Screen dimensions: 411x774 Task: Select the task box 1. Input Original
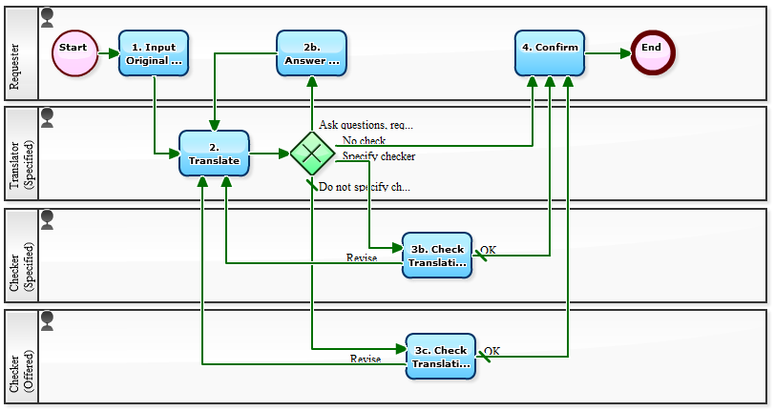tap(154, 53)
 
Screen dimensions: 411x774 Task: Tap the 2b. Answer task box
tap(311, 53)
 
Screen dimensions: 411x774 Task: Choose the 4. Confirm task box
tap(550, 53)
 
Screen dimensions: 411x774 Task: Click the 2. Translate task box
tap(214, 154)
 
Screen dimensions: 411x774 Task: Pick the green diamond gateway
tap(312, 154)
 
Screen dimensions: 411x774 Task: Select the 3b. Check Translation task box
tap(437, 256)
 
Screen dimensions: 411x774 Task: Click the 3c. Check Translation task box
tap(440, 357)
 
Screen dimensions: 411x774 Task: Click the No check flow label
tap(364, 141)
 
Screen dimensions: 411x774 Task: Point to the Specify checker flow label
tap(378, 156)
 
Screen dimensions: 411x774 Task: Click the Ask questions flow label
tap(366, 125)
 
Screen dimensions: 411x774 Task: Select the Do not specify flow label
tap(364, 187)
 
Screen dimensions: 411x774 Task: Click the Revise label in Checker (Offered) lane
tap(365, 360)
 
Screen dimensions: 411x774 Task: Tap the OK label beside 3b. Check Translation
tap(488, 251)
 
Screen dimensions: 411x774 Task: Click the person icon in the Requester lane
tap(48, 16)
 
